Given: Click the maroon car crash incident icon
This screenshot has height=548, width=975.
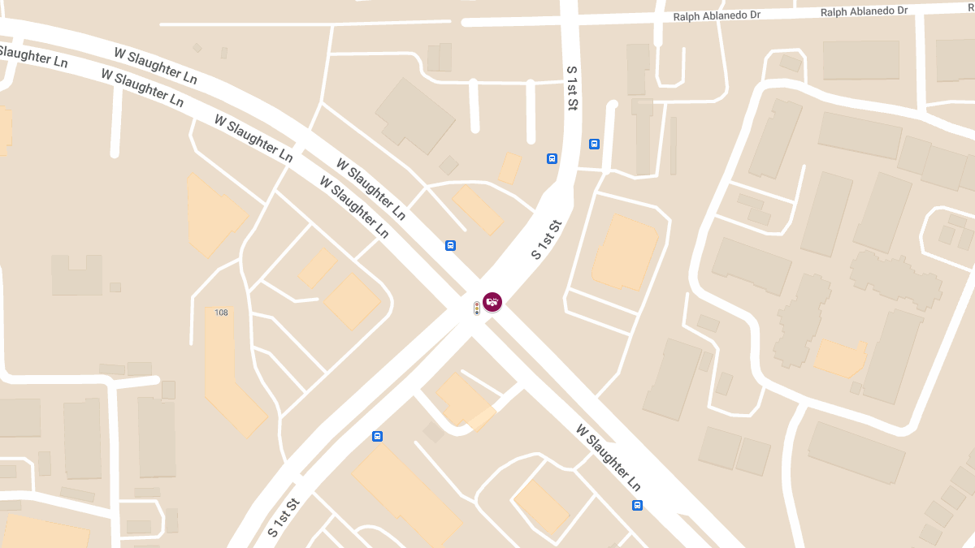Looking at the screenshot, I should click(x=492, y=302).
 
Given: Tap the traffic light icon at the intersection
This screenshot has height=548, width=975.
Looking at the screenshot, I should click(x=477, y=309).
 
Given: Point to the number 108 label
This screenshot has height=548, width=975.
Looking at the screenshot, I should click(x=221, y=313).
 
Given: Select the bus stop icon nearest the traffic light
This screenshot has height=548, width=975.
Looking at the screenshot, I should click(x=450, y=245).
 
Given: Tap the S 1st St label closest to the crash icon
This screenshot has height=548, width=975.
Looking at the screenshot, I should click(x=547, y=239).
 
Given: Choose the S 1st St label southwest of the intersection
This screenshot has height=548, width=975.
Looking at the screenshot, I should click(x=284, y=518).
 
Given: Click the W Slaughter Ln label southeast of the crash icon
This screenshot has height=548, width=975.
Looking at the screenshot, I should click(x=609, y=457).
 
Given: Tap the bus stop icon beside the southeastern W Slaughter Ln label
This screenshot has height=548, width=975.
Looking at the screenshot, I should click(x=637, y=505).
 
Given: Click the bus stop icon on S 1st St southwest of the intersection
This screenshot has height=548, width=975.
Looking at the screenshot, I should click(x=377, y=436).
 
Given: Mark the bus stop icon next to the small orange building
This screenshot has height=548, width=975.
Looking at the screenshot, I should click(x=552, y=158).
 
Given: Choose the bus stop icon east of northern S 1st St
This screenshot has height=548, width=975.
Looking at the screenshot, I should click(x=594, y=145).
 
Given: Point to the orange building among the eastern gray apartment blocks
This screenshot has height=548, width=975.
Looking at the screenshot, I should click(x=839, y=357).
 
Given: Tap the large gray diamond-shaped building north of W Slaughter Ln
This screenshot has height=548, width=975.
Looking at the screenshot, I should click(x=414, y=115).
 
